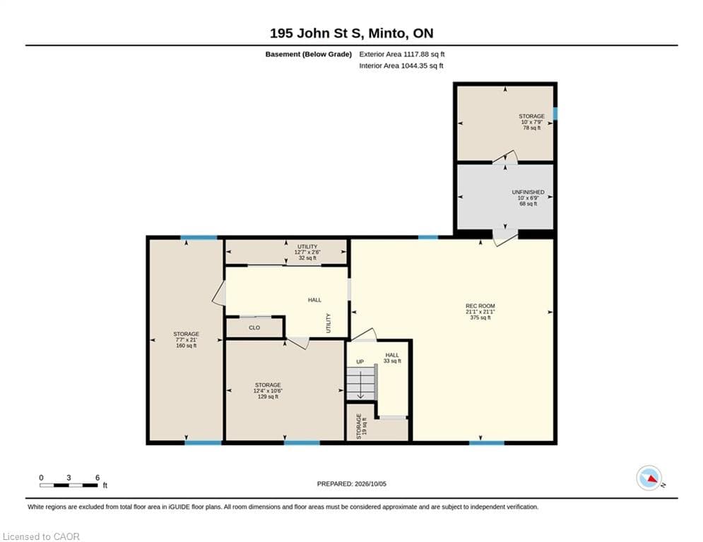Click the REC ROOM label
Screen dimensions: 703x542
pos(480,312)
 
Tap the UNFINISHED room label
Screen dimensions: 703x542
pos(528,198)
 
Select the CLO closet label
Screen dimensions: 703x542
pos(254,327)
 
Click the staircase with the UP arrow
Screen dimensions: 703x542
pos(361,382)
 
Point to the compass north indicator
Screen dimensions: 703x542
pos(649,478)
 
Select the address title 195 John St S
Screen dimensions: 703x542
pos(352,33)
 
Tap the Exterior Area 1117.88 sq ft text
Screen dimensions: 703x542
pos(402,54)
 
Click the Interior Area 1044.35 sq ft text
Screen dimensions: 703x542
pos(401,66)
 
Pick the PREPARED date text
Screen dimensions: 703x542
pos(352,483)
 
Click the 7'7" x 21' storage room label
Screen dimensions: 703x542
pos(186,339)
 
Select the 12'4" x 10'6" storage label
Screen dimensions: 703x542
pos(268,390)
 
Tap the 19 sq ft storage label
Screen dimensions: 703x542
pos(361,426)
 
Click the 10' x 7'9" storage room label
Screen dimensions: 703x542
pos(532,122)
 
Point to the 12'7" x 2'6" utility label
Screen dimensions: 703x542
pos(307,252)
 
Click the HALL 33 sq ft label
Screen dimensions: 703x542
pos(392,358)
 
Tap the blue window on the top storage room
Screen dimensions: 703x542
pos(555,114)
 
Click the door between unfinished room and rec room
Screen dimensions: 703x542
pos(505,237)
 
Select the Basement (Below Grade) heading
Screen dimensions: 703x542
pos(309,54)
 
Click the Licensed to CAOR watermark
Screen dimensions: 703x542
pos(41,536)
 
